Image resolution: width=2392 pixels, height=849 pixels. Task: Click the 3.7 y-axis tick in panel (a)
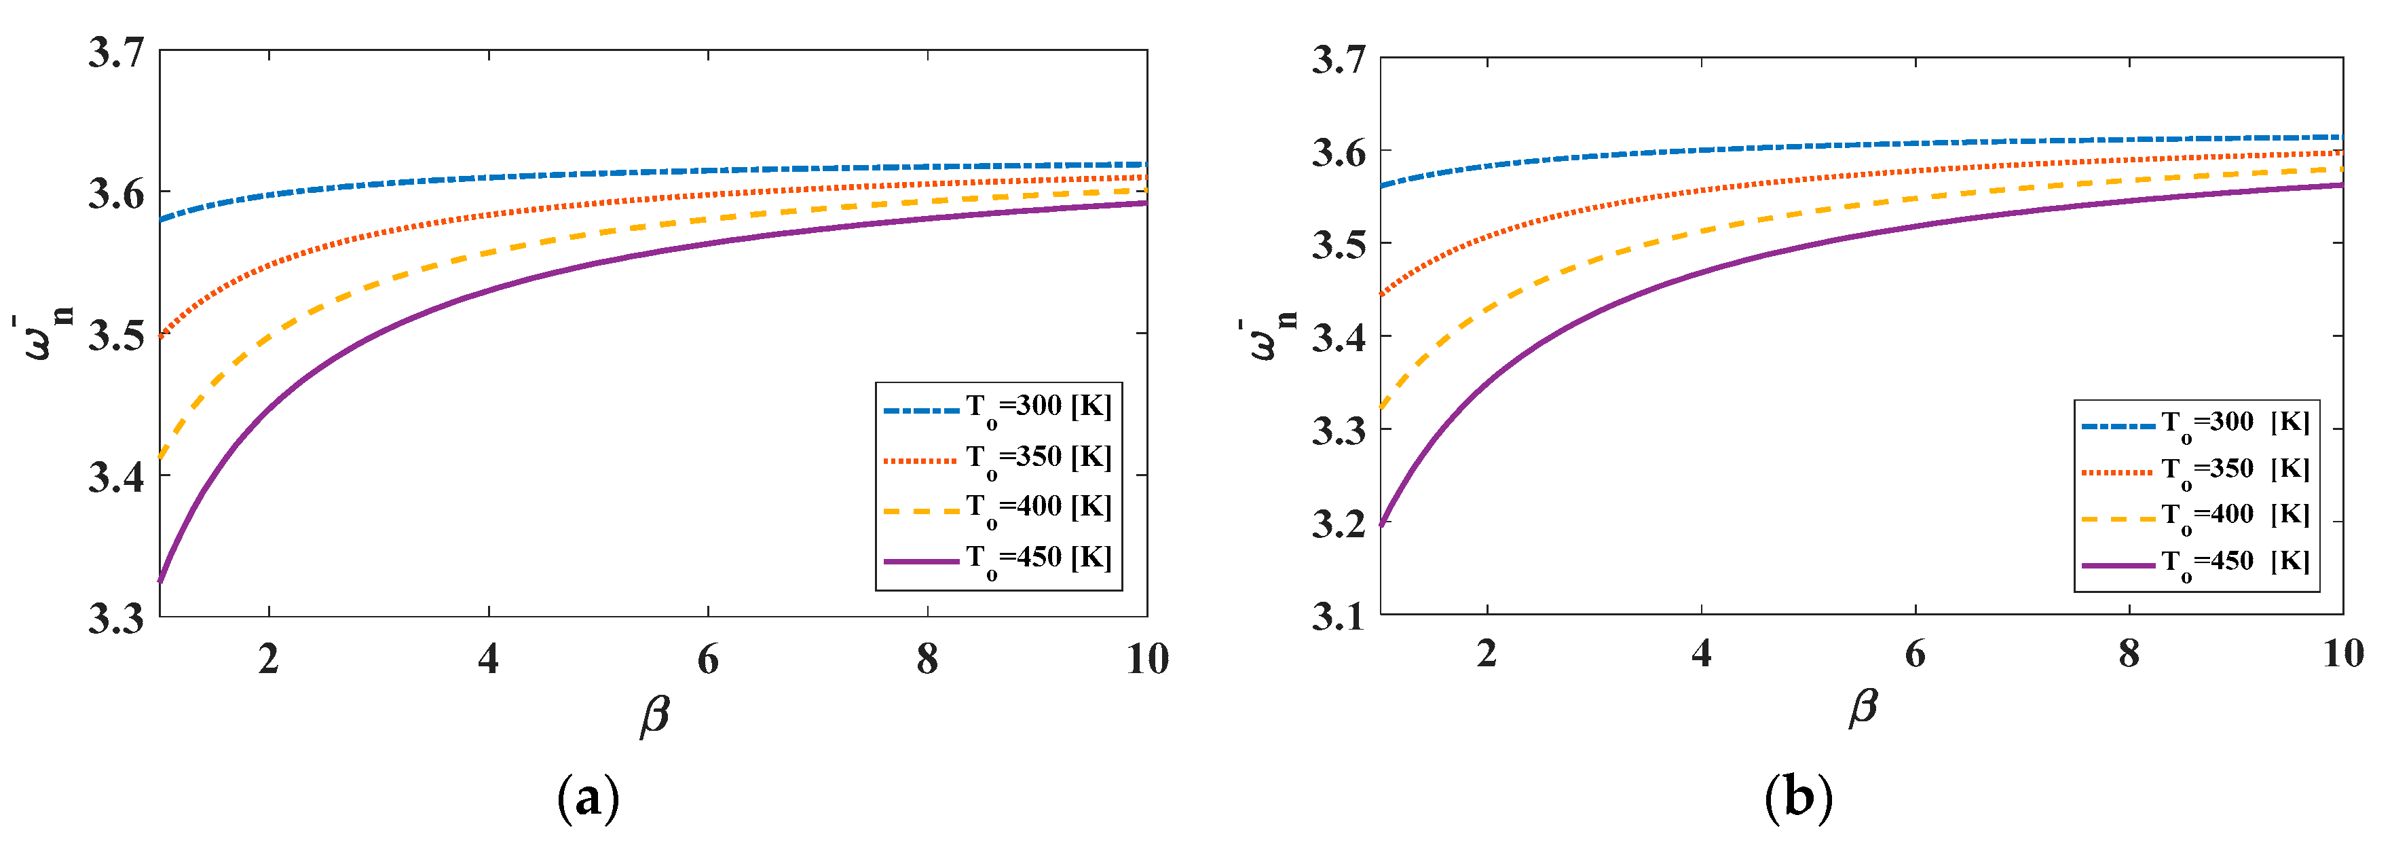tap(116, 52)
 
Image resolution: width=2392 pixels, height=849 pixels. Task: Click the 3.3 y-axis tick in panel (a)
tap(116, 617)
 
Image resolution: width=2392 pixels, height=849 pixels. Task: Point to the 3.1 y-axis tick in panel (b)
tap(1338, 616)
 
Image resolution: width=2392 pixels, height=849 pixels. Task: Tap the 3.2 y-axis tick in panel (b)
tap(1338, 524)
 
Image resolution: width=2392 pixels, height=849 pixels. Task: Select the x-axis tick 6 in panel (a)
tap(707, 659)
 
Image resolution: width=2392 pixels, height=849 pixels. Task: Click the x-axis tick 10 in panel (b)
tap(2342, 654)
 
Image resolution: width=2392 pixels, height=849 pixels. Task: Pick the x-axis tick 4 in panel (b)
tap(1701, 654)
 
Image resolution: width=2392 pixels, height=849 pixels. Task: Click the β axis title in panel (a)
tap(654, 716)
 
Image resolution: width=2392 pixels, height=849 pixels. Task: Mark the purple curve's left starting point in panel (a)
tap(161, 581)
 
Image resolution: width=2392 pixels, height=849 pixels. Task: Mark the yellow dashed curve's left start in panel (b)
tap(1382, 407)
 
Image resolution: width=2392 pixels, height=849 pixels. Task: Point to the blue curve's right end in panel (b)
tap(2342, 137)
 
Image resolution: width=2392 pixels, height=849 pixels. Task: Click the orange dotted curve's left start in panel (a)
tap(161, 336)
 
